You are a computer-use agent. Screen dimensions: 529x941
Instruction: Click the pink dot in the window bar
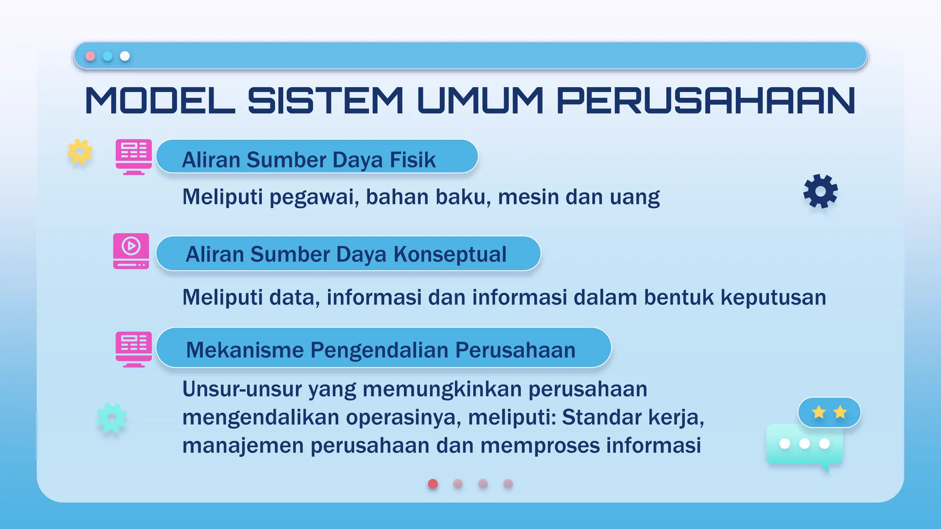[91, 56]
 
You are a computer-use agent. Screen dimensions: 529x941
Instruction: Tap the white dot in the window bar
[125, 56]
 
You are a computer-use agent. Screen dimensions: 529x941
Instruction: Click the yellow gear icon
[80, 151]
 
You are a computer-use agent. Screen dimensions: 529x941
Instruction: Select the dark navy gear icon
[821, 191]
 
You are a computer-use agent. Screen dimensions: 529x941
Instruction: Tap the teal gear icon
[112, 418]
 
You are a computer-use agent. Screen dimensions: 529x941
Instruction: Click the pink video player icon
[131, 251]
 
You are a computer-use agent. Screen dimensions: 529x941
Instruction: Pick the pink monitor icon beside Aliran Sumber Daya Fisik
[134, 157]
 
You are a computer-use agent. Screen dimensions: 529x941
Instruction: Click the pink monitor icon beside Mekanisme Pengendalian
[134, 349]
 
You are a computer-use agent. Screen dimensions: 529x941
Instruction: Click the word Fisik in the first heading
[413, 160]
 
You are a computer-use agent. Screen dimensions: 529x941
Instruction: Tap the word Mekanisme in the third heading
[245, 350]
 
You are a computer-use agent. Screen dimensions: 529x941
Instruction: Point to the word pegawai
[314, 197]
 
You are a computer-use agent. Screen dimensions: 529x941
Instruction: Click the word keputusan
[773, 298]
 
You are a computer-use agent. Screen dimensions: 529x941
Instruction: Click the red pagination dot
[433, 484]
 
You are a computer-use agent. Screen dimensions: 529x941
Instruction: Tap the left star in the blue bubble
[819, 412]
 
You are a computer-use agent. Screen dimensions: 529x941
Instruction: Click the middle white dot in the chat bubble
[805, 443]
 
